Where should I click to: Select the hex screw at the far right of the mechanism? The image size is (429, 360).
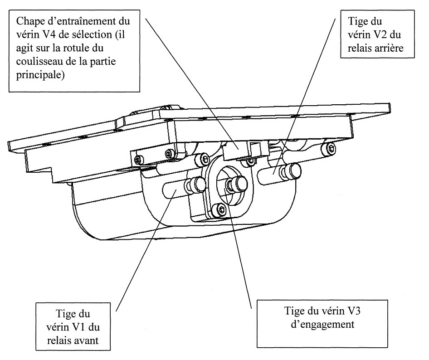click(x=331, y=148)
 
